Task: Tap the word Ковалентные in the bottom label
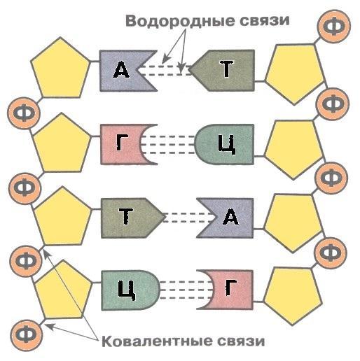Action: pos(155,342)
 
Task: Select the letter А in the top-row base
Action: pos(121,69)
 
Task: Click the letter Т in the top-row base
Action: pos(226,69)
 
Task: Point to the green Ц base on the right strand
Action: pos(224,144)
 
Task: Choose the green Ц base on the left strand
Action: pos(131,290)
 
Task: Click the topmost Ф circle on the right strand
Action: pos(335,27)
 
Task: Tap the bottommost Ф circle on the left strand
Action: pos(27,335)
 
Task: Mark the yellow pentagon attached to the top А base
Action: pos(60,69)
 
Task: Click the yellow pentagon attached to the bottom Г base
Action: pos(293,295)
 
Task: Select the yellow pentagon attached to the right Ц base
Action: pos(294,148)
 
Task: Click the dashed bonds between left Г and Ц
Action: pos(168,145)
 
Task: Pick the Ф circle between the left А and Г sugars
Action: pos(24,113)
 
